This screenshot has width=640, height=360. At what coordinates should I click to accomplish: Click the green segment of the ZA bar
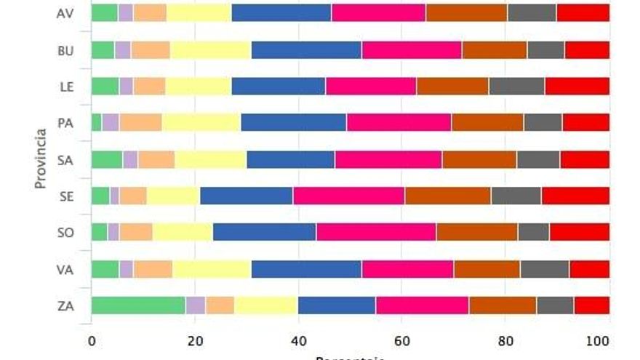(138, 305)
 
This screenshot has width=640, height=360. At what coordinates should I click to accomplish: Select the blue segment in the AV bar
(281, 12)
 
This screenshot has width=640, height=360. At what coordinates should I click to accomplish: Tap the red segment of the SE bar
(575, 196)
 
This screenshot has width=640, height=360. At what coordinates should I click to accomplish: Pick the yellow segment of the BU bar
(211, 49)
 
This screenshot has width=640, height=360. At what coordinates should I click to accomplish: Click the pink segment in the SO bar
(376, 232)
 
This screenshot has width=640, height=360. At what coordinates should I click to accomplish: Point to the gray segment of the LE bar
(517, 86)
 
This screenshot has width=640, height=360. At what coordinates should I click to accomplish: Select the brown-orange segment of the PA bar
(487, 122)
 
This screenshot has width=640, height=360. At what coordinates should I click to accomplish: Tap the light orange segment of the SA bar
(156, 159)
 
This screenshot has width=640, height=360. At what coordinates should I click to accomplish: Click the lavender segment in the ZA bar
(196, 305)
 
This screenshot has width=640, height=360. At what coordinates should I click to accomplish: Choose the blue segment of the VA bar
(306, 269)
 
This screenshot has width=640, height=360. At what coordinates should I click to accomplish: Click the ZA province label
(64, 305)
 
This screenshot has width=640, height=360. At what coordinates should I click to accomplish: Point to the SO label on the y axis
(64, 233)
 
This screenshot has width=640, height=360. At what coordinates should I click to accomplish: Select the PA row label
(64, 122)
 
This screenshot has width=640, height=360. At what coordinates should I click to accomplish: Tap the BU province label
(64, 49)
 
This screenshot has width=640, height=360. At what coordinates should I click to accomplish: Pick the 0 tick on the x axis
(92, 340)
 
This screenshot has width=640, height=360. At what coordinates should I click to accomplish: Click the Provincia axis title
(41, 159)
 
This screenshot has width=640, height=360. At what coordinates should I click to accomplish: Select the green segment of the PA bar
(96, 122)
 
